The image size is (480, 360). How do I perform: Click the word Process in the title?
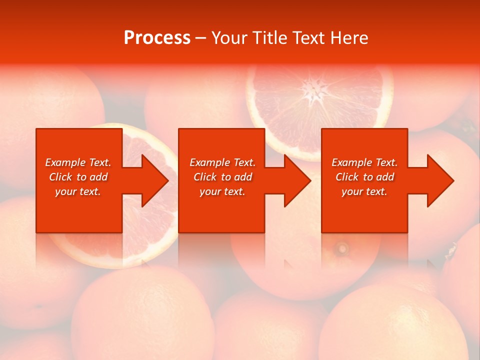tap(157, 38)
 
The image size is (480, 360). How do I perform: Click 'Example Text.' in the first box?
tap(78, 162)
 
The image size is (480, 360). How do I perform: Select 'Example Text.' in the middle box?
tap(222, 162)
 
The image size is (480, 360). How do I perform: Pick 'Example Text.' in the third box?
tap(364, 162)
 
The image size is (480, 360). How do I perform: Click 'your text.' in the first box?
tap(78, 191)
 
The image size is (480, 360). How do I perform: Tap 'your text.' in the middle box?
tap(222, 191)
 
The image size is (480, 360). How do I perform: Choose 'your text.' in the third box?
tap(364, 191)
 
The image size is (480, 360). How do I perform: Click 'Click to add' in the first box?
tap(78, 177)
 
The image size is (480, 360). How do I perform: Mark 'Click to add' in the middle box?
tap(222, 177)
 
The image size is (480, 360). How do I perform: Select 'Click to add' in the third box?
tap(364, 177)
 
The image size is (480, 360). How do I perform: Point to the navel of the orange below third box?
tap(342, 247)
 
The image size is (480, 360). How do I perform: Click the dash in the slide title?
tap(200, 38)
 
